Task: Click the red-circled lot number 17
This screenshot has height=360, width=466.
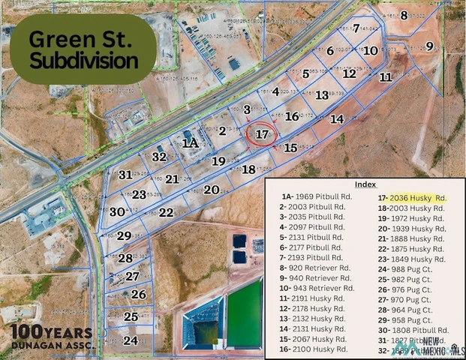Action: (262, 134)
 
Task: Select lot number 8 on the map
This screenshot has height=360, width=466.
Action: (404, 15)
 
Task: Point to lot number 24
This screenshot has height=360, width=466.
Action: (131, 340)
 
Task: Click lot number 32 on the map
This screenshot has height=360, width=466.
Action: (158, 157)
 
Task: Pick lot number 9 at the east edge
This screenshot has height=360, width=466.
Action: (430, 46)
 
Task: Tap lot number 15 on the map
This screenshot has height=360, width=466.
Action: (290, 148)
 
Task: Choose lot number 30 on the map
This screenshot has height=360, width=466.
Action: (116, 211)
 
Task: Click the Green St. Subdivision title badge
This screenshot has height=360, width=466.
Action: (83, 49)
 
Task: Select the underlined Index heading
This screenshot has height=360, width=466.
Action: (366, 184)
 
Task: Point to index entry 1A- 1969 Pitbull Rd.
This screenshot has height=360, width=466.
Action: (311, 198)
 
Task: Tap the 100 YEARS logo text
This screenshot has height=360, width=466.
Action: (51, 332)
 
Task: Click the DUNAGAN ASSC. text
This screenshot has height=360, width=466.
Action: (52, 345)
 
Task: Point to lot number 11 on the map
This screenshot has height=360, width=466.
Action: (385, 76)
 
